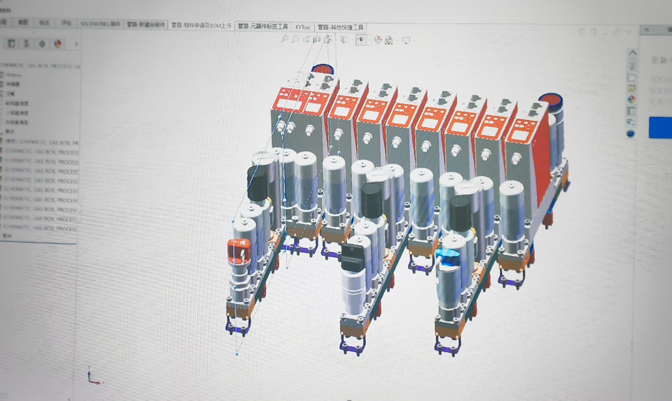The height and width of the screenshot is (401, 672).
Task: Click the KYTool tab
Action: tap(303, 27)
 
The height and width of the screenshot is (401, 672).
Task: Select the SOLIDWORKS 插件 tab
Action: tap(100, 24)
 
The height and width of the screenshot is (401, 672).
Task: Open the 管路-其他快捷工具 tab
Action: tap(340, 27)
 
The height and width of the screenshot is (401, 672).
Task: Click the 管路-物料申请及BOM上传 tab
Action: tap(201, 25)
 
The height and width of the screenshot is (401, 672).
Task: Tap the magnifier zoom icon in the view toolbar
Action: tap(284, 39)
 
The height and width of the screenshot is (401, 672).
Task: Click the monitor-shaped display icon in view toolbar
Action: tap(406, 41)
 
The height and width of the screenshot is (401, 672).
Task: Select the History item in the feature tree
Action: tap(14, 75)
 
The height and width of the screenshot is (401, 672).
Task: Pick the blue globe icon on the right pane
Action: tap(630, 134)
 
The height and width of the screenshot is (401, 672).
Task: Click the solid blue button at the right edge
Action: tap(660, 127)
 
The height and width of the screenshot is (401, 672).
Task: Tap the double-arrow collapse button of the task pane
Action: tap(647, 30)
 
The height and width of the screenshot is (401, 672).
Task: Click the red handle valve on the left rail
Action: tap(238, 251)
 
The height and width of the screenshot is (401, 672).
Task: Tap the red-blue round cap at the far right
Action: tap(550, 103)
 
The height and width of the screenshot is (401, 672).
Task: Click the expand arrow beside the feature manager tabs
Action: tap(76, 44)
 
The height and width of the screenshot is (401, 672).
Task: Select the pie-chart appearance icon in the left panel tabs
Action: tap(57, 44)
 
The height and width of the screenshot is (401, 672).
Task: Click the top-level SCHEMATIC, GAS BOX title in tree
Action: tap(41, 66)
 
